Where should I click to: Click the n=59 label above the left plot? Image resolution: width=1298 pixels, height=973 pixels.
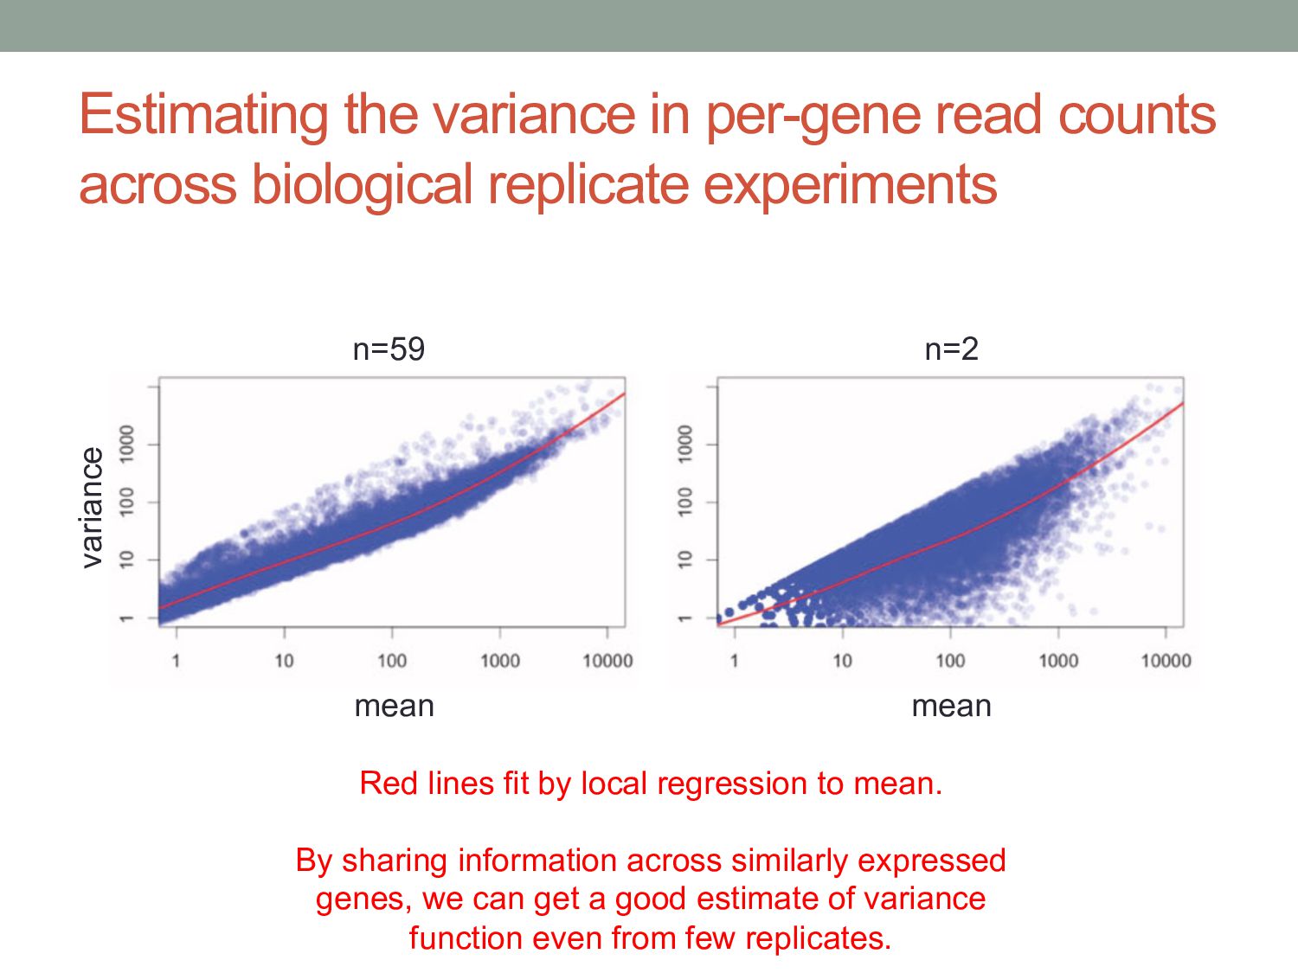click(389, 349)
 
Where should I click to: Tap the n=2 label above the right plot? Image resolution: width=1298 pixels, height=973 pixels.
click(951, 349)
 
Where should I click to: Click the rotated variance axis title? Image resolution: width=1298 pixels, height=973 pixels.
click(92, 508)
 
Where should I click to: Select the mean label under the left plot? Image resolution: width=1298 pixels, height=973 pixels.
click(394, 707)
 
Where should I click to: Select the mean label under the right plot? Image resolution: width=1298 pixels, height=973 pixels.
click(951, 707)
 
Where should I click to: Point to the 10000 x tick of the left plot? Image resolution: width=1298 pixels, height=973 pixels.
click(607, 662)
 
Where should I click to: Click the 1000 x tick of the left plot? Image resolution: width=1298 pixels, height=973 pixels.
click(499, 662)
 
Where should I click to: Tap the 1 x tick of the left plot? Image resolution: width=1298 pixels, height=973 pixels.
click(176, 662)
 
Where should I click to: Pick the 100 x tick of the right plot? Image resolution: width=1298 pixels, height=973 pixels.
click(950, 662)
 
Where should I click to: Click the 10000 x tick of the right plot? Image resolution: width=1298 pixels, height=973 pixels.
click(1166, 662)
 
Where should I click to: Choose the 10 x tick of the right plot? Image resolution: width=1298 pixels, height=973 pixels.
click(842, 662)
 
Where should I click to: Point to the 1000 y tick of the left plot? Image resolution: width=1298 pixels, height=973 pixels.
click(127, 444)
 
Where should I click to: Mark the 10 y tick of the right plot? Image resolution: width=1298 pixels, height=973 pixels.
click(685, 560)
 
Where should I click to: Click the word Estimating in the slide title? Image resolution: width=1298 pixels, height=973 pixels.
click(203, 114)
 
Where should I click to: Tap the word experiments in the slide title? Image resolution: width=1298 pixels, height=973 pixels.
click(850, 185)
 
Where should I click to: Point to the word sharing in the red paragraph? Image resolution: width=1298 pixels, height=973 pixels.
click(395, 861)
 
